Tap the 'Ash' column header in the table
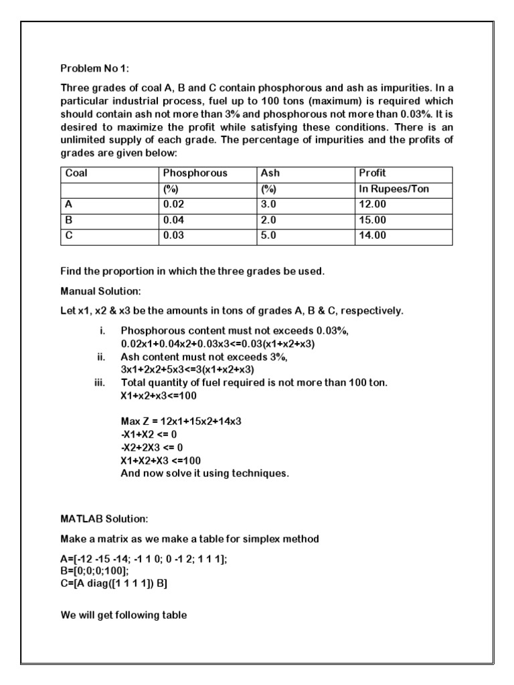[270, 173]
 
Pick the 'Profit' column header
[373, 173]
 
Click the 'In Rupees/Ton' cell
[394, 189]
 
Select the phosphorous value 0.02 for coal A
[174, 205]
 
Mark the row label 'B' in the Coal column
[69, 220]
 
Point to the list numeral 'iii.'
[101, 383]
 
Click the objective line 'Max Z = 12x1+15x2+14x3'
[181, 421]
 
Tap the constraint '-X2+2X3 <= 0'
[152, 447]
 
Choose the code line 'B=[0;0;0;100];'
[95, 572]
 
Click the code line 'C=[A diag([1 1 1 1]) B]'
[114, 584]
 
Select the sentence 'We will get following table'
[124, 615]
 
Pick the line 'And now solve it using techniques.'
[205, 473]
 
